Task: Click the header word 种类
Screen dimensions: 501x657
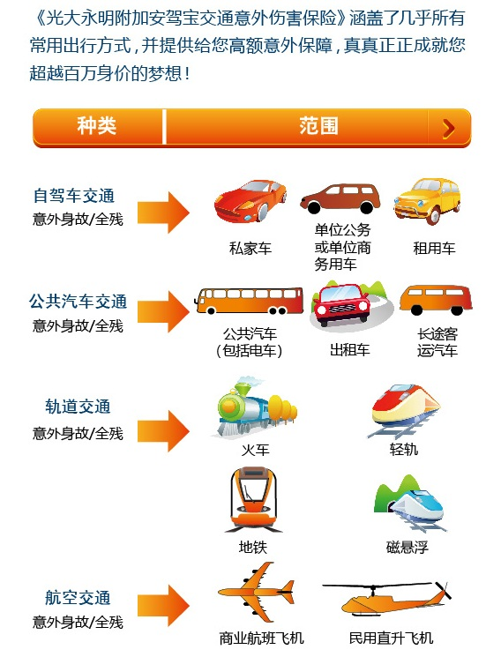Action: (96, 126)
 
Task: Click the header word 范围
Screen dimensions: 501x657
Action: (318, 126)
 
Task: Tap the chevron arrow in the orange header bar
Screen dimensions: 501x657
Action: (449, 129)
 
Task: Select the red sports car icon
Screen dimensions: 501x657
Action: (250, 201)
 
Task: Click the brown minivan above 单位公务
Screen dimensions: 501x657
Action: (340, 198)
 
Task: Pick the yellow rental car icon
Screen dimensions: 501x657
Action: (427, 200)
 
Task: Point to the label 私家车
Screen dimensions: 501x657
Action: (250, 248)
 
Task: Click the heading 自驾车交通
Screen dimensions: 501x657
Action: (74, 196)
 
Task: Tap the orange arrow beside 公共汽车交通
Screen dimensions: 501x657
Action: (163, 311)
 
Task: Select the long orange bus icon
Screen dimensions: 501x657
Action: (249, 301)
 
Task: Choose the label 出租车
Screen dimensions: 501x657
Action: (349, 349)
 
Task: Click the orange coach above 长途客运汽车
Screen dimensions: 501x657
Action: (436, 300)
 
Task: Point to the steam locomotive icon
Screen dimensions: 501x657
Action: (256, 407)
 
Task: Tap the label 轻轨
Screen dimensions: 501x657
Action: (404, 449)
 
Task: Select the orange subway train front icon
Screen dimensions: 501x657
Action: (254, 500)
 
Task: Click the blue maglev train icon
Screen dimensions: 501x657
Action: (409, 504)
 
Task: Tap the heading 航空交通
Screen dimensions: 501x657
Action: (78, 598)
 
